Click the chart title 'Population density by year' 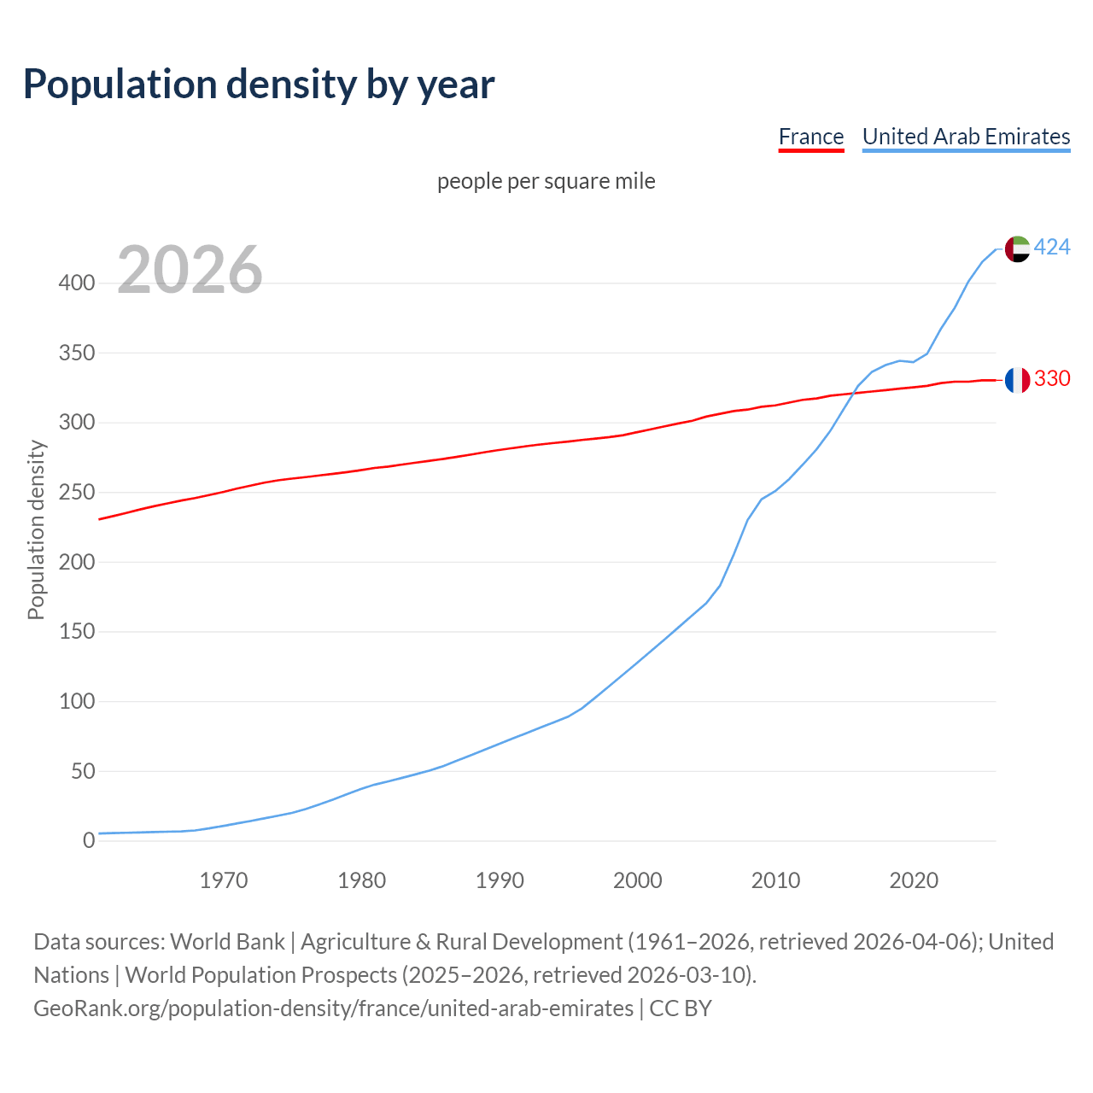tap(259, 85)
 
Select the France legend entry tap(810, 137)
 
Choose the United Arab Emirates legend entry tap(966, 137)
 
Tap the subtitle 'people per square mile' tap(546, 181)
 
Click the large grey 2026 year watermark tap(190, 270)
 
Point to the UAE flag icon tap(1016, 248)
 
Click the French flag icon tap(1016, 379)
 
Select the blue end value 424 tap(1052, 248)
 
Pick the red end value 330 tap(1052, 378)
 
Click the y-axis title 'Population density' tap(36, 529)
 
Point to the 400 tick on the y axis tap(77, 283)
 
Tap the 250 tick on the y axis tap(77, 493)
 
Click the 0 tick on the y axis tap(89, 841)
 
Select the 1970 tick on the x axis tap(224, 880)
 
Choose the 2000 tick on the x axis tap(637, 880)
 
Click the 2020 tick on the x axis tap(914, 880)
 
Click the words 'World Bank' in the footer tap(227, 942)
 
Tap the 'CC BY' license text tap(681, 1008)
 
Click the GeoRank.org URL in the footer tap(333, 1008)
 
